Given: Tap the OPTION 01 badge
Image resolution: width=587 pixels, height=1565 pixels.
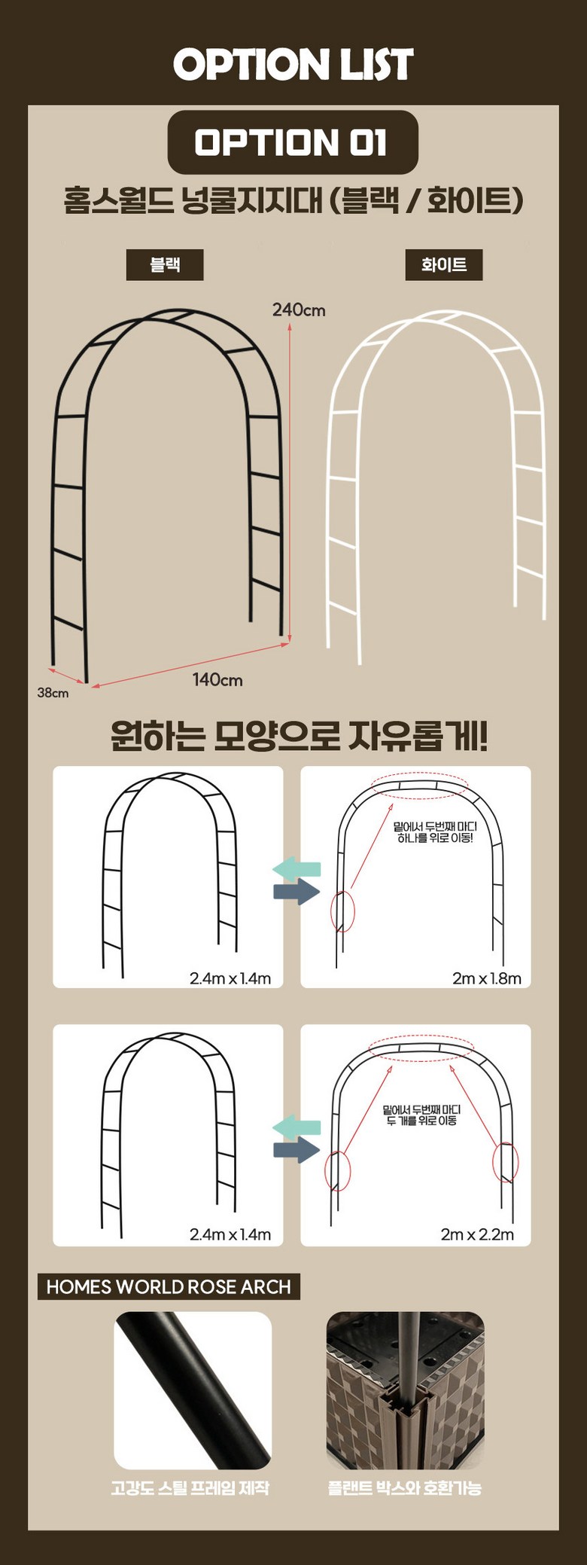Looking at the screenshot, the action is [x=292, y=142].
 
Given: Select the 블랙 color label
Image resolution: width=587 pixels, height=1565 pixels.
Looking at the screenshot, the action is [x=165, y=264].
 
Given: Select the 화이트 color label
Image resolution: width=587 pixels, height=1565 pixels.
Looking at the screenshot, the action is [x=444, y=264].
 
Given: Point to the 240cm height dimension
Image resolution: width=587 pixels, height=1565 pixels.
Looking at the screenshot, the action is [x=299, y=310].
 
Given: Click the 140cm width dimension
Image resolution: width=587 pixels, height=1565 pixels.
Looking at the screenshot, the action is [x=217, y=679].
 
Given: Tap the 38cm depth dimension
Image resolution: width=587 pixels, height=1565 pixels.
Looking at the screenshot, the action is [x=53, y=693].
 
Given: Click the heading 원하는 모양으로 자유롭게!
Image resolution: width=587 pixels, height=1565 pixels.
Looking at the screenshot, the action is [x=299, y=736].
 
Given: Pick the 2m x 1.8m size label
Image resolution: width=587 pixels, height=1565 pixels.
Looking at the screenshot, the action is [x=487, y=978].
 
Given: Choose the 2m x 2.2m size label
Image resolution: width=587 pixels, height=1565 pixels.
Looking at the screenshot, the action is [x=478, y=1234].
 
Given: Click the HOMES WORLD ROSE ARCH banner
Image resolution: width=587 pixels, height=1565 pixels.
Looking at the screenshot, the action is [x=169, y=1286].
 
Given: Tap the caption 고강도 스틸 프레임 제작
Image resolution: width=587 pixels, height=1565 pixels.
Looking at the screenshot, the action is [x=190, y=1487].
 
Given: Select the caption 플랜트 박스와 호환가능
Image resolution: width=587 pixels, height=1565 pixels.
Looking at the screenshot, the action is [x=405, y=1487].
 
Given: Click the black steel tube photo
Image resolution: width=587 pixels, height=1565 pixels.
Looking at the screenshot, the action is [x=193, y=1390].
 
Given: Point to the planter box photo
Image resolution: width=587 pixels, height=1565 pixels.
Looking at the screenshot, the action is [x=405, y=1390].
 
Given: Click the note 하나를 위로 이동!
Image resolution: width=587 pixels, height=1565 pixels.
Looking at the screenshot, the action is [x=435, y=837].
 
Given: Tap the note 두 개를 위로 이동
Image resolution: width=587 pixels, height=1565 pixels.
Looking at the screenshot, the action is [x=421, y=1120].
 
